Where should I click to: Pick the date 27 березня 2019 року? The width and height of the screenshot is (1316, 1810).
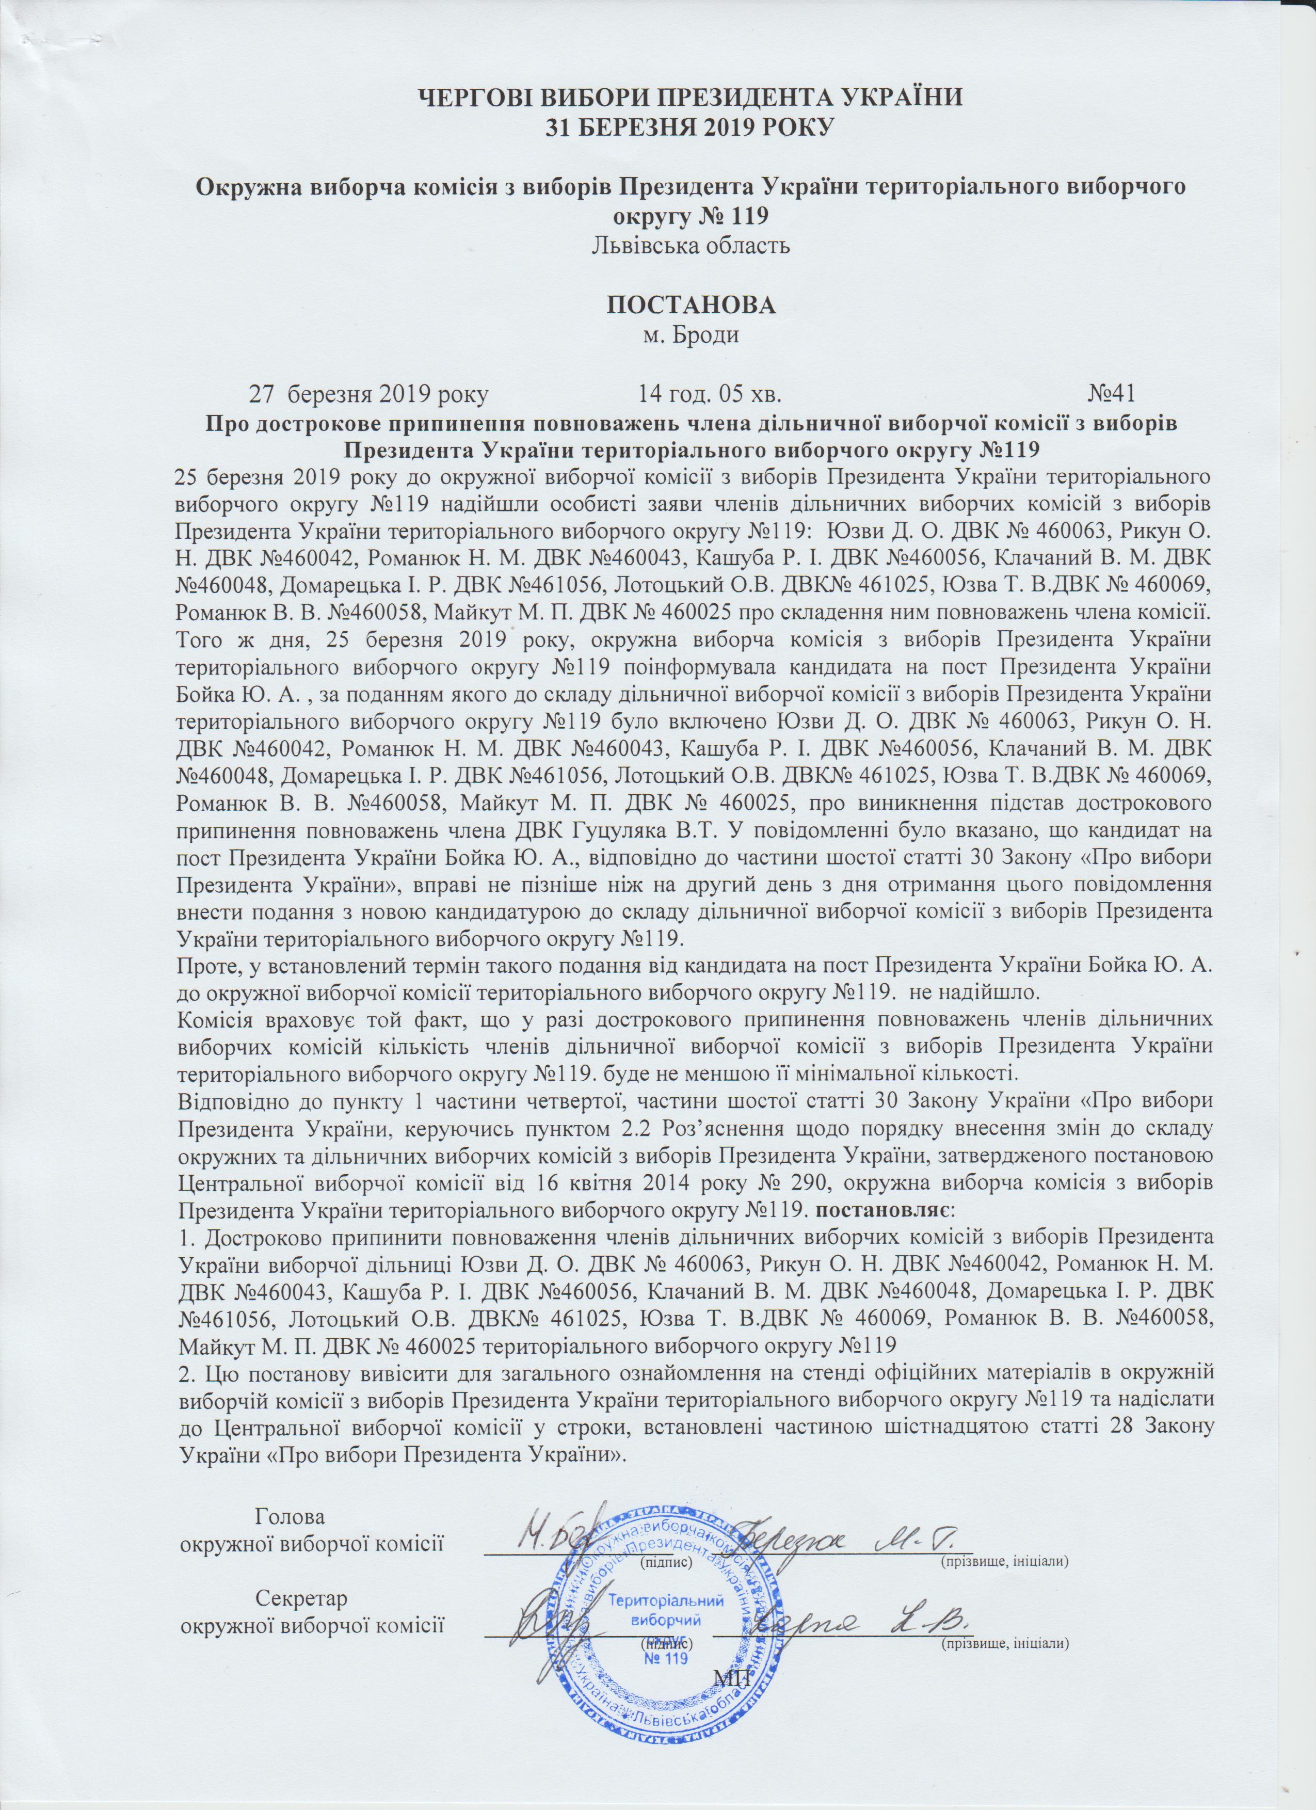point(371,393)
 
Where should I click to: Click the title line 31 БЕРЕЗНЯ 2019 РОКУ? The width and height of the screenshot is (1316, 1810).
point(692,126)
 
